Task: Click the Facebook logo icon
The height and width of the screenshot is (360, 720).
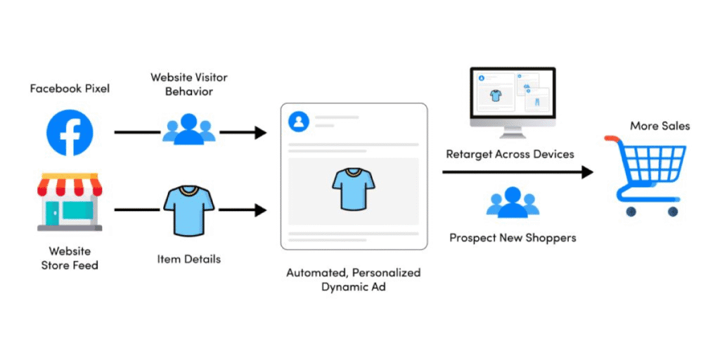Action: [70, 132]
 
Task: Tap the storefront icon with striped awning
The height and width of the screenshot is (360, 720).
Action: [70, 204]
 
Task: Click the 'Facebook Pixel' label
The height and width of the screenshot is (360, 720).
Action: [70, 89]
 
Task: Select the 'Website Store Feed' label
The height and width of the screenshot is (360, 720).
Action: [70, 258]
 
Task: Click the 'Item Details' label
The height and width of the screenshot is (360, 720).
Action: [188, 259]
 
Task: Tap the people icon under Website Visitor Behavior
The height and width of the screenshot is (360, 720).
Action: [188, 130]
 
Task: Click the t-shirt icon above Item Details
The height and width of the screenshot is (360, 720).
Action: [188, 209]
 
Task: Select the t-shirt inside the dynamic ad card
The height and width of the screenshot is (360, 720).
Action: [353, 188]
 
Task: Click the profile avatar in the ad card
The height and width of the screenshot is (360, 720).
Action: [299, 122]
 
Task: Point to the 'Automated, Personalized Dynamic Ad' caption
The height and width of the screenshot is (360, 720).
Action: [353, 280]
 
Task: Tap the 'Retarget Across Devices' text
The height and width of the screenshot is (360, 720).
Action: [510, 154]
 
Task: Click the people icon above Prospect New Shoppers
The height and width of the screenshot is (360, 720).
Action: [513, 202]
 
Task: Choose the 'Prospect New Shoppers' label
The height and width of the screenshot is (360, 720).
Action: [513, 238]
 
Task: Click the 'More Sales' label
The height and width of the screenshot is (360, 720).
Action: [660, 126]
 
